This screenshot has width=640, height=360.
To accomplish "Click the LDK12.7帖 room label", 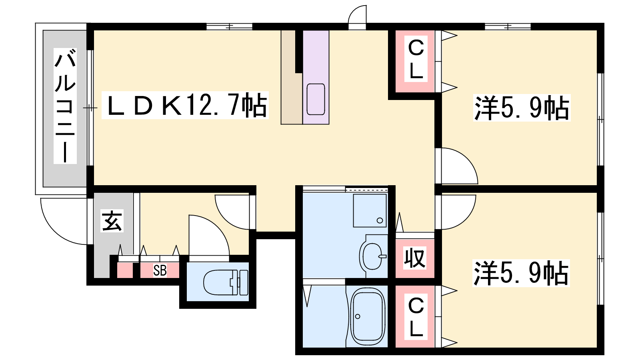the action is (x=185, y=105).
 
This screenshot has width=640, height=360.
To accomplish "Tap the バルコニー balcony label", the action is (x=65, y=106).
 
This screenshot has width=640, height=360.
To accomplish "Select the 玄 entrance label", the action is (x=112, y=220).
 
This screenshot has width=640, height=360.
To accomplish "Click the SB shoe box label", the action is (x=160, y=270).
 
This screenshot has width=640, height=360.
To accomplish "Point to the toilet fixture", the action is (x=226, y=282).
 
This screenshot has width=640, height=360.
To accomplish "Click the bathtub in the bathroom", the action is (x=368, y=316).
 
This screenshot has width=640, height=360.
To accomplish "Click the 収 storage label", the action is (x=415, y=258).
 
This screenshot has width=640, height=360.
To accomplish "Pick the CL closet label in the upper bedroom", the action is (x=416, y=59).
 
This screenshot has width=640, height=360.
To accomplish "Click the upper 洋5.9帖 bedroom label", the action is (x=522, y=108).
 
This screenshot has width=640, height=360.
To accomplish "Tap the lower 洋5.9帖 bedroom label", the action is (x=521, y=273).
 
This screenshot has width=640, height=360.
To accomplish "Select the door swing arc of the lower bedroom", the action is (x=465, y=218).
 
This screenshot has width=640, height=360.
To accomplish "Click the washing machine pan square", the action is (x=370, y=210).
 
